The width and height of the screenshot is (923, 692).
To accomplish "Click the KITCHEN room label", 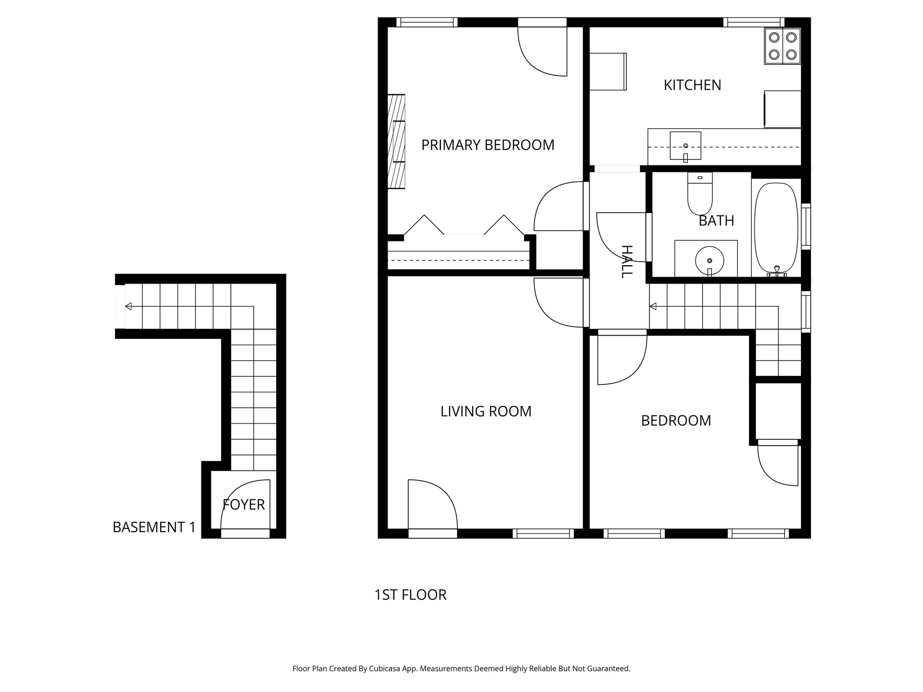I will tap(692, 85).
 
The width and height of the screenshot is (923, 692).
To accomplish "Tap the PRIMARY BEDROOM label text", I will tap(488, 145).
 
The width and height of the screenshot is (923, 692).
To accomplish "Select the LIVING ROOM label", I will tap(486, 411).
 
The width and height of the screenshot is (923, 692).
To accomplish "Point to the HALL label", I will tap(627, 261).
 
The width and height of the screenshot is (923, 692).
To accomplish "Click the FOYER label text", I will tap(244, 505).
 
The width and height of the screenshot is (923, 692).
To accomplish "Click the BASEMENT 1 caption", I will tap(154, 527).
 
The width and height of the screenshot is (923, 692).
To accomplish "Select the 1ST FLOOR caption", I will tap(410, 595).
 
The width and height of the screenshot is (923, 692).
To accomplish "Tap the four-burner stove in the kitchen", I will tap(782, 46).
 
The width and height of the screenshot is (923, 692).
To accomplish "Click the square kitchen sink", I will tap(685, 146).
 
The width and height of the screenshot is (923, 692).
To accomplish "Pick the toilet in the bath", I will tap(699, 194).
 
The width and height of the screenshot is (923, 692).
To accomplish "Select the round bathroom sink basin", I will tap(709, 260).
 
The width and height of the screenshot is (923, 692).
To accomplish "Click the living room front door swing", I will tap(430, 505).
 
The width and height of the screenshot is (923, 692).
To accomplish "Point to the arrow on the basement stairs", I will tap(128, 306).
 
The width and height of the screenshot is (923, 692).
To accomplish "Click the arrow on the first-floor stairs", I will tap(653, 307).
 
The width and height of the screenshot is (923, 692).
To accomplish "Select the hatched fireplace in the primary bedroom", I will tap(397, 141).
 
